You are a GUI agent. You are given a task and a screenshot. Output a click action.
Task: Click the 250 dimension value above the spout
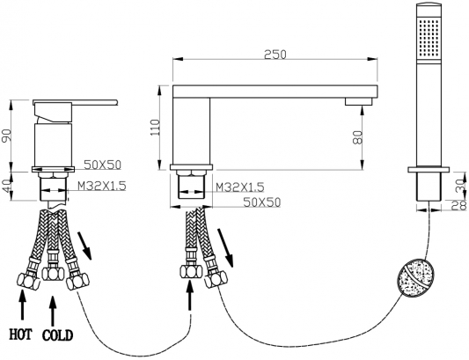275,55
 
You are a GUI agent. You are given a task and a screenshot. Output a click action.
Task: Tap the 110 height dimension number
155,127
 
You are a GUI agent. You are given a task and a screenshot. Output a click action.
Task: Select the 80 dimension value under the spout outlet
358,136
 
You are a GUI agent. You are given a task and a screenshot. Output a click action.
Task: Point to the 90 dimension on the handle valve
7,136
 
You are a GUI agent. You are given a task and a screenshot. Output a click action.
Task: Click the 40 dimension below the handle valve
7,186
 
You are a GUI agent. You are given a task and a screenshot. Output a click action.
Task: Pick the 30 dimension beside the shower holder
463,186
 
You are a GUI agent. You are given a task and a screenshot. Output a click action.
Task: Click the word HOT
20,334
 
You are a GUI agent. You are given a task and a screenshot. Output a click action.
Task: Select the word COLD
57,335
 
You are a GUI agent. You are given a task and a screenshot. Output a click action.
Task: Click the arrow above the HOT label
21,305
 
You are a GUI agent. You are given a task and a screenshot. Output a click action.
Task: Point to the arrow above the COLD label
53,312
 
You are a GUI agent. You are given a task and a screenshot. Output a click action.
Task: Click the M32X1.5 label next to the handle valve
102,186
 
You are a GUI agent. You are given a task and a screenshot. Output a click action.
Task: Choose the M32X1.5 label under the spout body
240,187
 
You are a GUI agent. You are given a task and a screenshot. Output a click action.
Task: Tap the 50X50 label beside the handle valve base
102,165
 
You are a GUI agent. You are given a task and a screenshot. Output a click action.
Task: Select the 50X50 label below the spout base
262,202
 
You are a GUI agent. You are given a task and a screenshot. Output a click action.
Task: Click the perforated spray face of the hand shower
429,37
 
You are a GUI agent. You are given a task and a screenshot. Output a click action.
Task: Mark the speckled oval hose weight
416,277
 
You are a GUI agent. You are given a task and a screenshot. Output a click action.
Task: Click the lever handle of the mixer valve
76,103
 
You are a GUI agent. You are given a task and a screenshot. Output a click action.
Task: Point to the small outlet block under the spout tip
358,101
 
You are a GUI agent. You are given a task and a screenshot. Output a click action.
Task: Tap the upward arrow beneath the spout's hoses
190,296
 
